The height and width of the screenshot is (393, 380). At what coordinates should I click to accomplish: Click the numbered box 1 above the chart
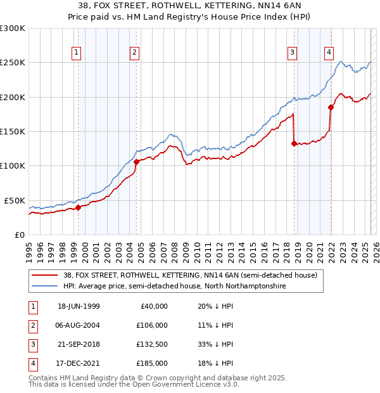pos(76,53)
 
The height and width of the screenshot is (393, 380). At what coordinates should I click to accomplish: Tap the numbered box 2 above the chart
pos(135,53)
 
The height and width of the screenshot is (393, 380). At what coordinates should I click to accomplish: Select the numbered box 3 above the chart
pos(293,53)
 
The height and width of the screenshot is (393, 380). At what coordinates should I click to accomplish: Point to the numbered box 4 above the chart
pos(329,53)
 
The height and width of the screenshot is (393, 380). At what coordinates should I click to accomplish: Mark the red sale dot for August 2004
pos(136,162)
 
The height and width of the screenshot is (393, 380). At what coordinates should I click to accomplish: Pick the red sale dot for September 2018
pos(294,143)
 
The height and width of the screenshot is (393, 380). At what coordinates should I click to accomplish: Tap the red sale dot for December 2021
pos(331,107)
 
